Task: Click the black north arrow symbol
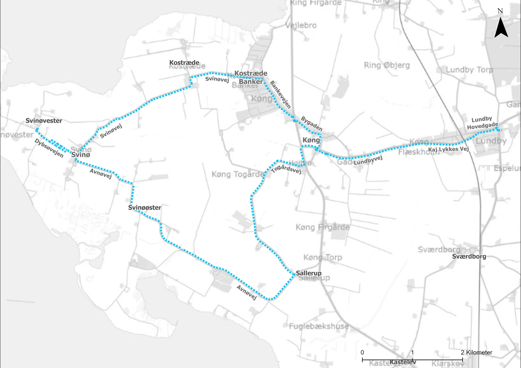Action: (x=501, y=28)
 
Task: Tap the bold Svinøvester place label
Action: (x=44, y=121)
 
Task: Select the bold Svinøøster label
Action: (x=145, y=208)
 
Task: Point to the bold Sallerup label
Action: (x=309, y=273)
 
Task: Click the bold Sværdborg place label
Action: (x=469, y=256)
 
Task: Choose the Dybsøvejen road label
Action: (x=49, y=148)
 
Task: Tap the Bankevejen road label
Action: (x=280, y=94)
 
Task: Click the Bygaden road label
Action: (x=312, y=124)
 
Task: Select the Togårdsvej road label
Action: (x=286, y=169)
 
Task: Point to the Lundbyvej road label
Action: (x=368, y=160)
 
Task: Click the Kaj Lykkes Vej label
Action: (x=448, y=149)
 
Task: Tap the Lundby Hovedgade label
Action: (x=482, y=123)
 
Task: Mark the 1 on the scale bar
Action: (x=412, y=352)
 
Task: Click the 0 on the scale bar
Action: (x=362, y=352)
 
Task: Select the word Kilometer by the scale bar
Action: (x=479, y=352)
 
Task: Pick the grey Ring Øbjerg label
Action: (x=387, y=65)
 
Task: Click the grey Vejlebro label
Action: (x=301, y=25)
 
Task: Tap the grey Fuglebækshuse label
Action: (x=319, y=326)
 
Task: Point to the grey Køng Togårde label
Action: (x=238, y=174)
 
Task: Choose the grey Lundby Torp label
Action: (x=469, y=70)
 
